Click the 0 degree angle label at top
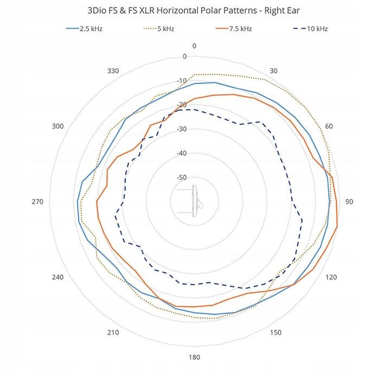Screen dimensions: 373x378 194,46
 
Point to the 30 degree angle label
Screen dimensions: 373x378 274,71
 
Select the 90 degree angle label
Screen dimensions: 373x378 350,202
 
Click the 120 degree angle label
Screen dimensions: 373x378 330,278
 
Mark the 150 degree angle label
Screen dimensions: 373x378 276,332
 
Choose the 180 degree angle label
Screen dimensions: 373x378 194,357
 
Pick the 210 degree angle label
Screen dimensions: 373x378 113,332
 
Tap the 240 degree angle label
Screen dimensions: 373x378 57,278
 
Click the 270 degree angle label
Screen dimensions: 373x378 37,202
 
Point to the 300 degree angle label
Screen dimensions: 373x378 57,126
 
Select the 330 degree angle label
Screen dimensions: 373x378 113,71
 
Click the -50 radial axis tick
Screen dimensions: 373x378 182,177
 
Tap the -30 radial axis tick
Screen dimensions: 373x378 182,129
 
